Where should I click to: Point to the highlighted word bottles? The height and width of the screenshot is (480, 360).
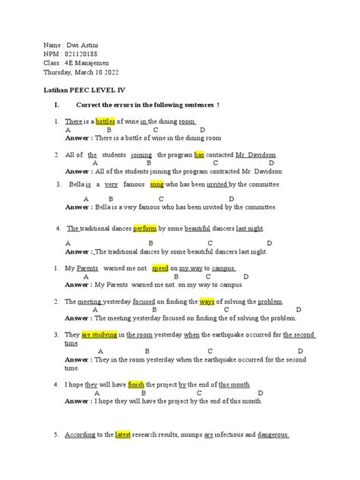(108, 122)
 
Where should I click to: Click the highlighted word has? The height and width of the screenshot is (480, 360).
(199, 154)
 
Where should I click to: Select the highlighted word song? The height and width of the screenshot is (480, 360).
(156, 185)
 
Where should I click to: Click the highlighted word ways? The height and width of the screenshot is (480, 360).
(207, 302)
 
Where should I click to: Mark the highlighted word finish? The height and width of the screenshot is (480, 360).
(136, 384)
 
